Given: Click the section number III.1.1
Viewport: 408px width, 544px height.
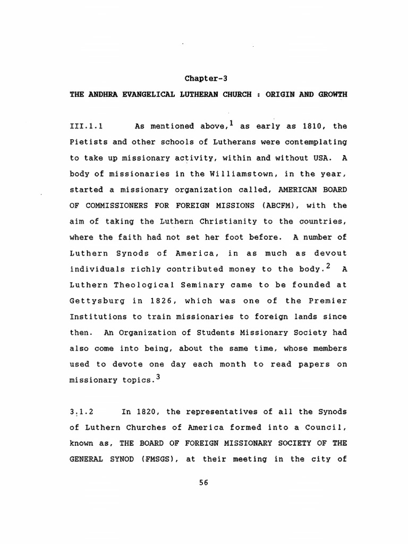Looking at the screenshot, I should click(x=86, y=126).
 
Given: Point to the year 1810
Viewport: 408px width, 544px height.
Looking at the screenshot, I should click(x=312, y=126).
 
